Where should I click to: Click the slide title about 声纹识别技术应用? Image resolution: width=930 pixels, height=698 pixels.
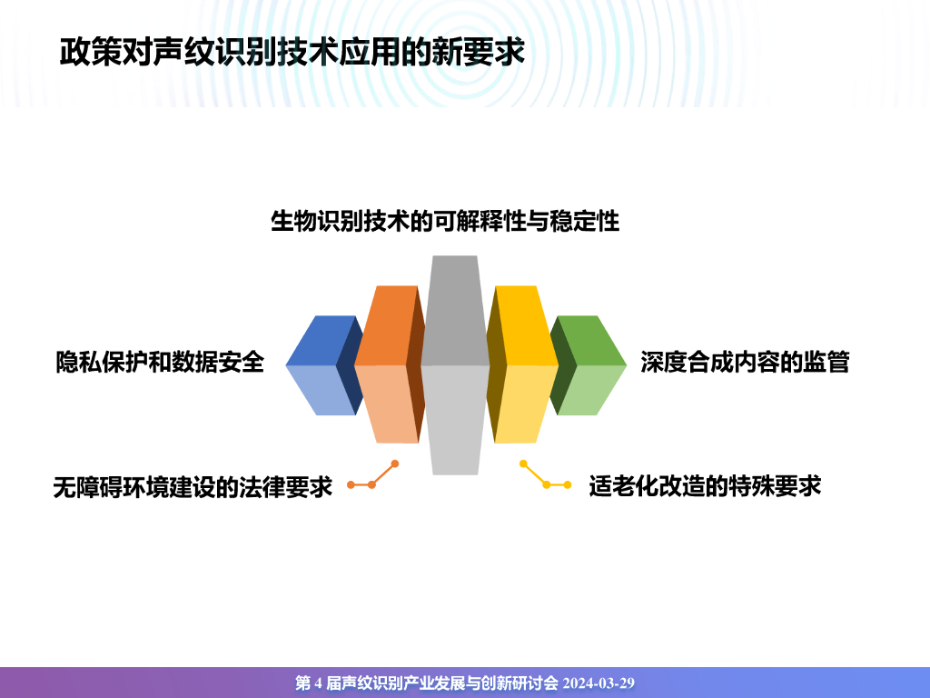[x=292, y=52]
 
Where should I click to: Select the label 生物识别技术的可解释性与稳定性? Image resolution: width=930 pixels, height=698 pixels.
[x=445, y=221]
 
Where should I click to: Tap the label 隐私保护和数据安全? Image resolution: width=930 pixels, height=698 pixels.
[x=160, y=362]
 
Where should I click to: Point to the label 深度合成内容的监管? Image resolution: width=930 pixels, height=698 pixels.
[x=744, y=362]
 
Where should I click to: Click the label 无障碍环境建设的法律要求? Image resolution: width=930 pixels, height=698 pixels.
[x=193, y=487]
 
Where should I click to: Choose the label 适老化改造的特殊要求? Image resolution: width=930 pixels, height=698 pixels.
[x=705, y=486]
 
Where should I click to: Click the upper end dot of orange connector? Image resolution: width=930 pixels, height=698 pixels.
[x=395, y=464]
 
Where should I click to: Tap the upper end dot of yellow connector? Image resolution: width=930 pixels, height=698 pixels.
[x=523, y=464]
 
